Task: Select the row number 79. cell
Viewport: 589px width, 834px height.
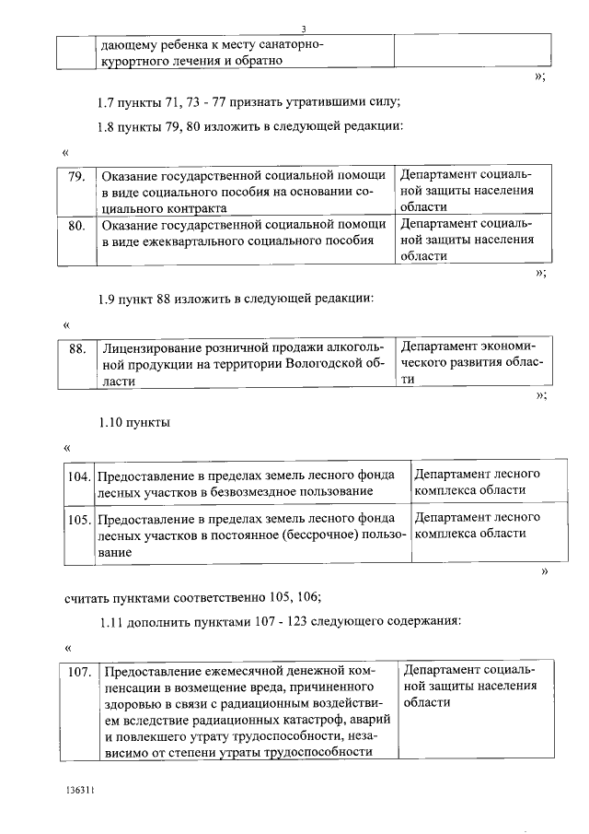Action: (77, 175)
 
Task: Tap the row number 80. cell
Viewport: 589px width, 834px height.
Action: (77, 224)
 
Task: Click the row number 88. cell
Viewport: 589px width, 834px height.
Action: (77, 348)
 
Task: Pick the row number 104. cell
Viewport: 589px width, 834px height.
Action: (80, 476)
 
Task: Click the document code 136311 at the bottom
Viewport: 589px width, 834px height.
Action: (80, 792)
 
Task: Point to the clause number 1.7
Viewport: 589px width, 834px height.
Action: (109, 101)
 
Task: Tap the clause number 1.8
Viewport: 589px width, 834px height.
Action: (109, 125)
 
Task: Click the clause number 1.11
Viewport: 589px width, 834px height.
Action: (112, 622)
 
